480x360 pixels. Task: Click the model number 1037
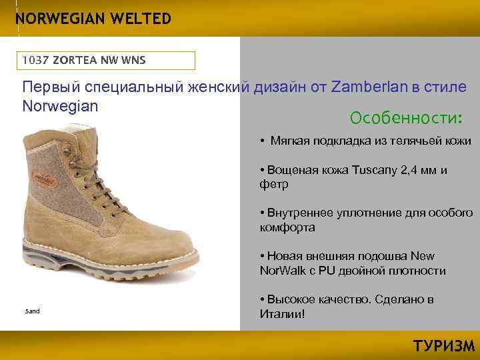35,61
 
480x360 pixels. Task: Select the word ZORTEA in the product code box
75,61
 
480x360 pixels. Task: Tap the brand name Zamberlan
367,88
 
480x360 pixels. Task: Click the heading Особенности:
405,118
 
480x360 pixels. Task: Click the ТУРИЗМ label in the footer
443,346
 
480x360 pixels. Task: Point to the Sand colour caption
32,311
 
